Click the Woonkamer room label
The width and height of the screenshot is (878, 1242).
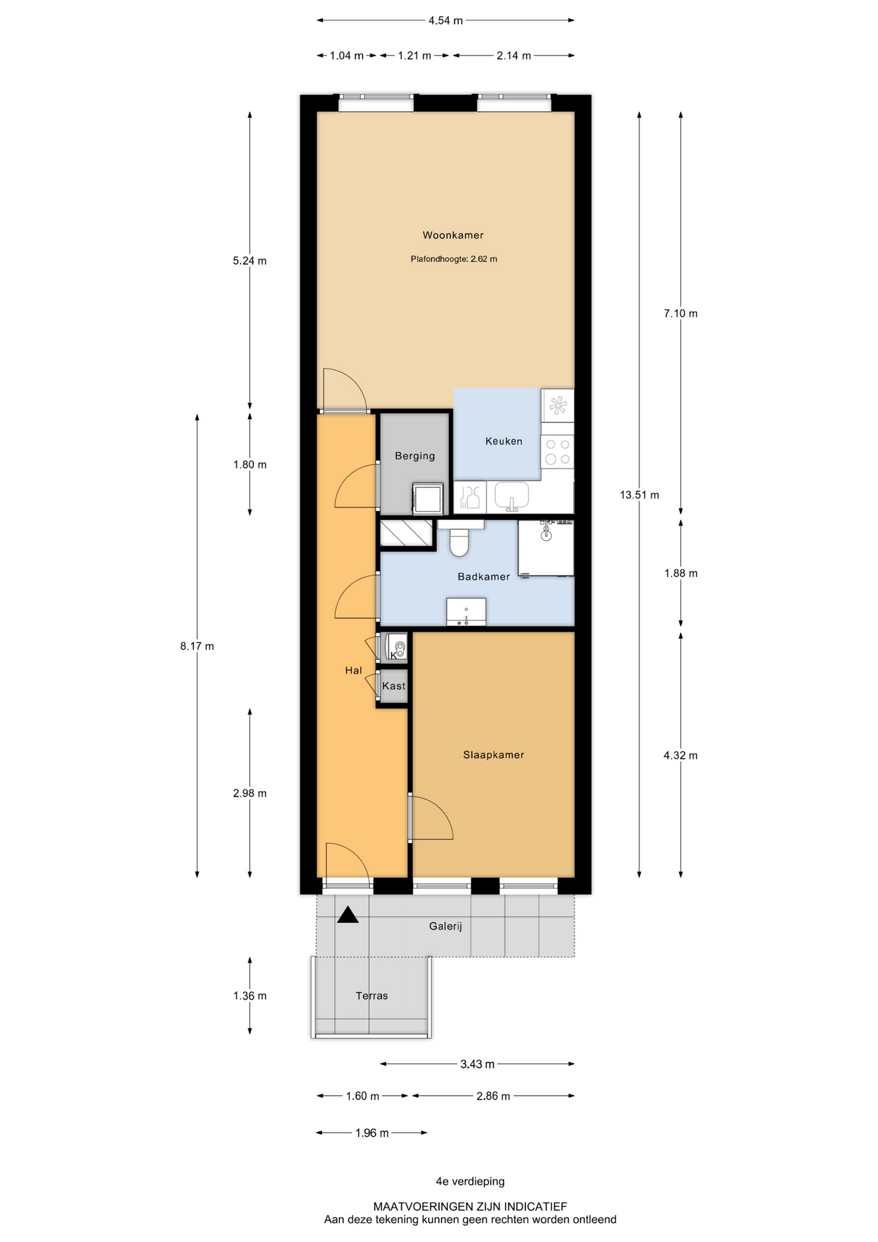453,235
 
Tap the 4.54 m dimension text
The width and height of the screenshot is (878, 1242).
445,21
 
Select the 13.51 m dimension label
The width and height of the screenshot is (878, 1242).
639,495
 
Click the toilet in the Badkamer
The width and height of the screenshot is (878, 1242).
459,542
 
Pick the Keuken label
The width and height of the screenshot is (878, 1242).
504,441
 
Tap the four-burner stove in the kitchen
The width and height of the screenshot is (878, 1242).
557,452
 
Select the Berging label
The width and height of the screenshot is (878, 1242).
415,456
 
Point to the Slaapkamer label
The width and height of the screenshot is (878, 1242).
493,755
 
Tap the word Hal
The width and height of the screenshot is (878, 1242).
354,671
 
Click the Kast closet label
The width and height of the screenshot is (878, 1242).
394,686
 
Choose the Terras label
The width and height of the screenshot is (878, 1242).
372,996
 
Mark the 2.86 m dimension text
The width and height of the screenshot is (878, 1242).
493,1096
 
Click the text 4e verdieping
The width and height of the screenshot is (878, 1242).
470,1181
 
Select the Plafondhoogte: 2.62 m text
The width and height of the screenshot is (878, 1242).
454,259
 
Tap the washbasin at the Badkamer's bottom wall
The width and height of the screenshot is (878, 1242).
466,612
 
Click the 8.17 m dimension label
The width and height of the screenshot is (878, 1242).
197,646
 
